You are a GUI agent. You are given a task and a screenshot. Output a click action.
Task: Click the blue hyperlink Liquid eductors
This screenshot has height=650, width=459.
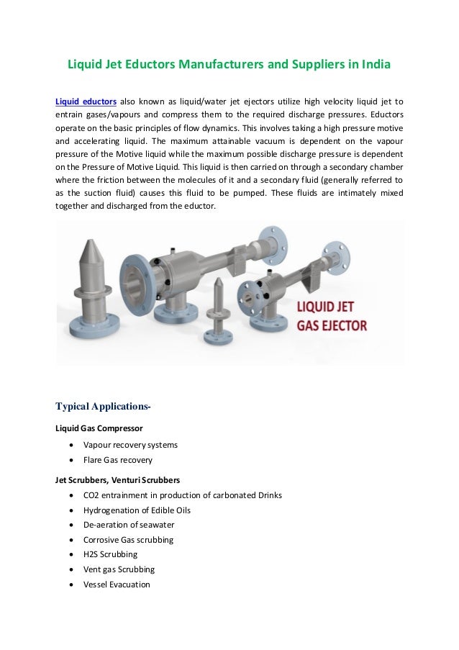coord(86,101)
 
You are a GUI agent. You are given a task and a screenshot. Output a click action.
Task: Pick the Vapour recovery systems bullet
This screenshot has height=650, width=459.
coord(130,445)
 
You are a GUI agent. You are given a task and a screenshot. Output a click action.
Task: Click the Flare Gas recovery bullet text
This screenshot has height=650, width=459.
coord(117,460)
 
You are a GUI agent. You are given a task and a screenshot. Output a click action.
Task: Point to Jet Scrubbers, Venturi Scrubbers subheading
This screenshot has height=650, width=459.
coord(117,479)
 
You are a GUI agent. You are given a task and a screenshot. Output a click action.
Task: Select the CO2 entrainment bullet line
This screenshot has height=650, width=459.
coord(182,495)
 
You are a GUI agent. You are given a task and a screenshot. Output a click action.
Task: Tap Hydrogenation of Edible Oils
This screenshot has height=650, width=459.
coord(137,510)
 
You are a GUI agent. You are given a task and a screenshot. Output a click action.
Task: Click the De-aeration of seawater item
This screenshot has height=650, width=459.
coord(129,525)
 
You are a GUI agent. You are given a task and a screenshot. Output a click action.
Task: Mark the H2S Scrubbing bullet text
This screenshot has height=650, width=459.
coord(111,554)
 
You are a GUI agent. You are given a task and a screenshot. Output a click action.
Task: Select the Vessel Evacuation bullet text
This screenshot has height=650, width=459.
coord(117,584)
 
